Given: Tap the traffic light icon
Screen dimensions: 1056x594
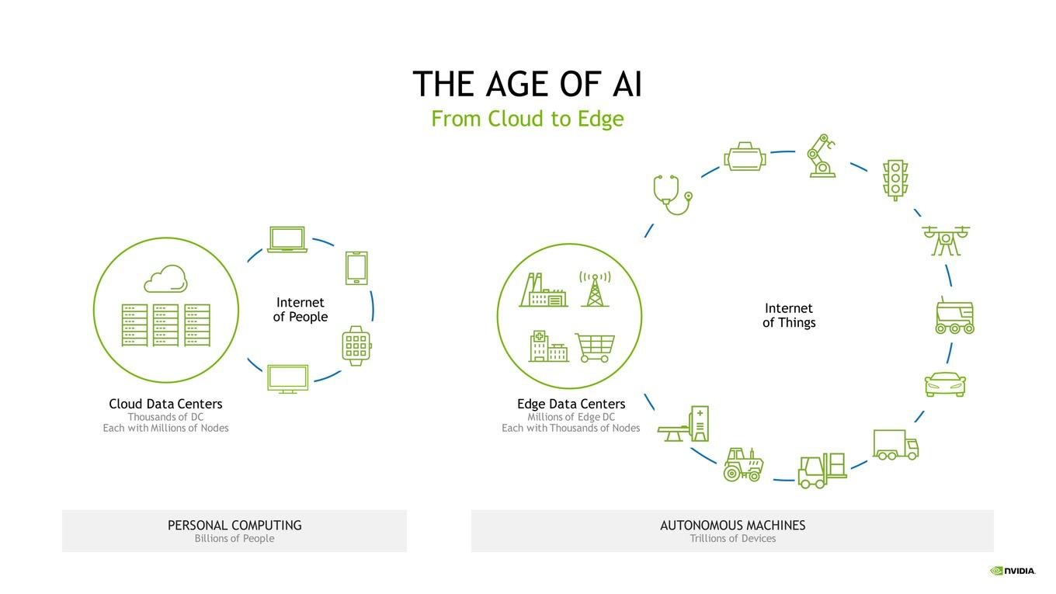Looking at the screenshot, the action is (x=895, y=181).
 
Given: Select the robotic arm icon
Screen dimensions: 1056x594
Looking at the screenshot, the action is (x=822, y=156).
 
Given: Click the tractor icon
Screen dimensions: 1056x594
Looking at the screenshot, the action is (x=743, y=465).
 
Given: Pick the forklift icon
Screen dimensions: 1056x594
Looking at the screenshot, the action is (x=822, y=471).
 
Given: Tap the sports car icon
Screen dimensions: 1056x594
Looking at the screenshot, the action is (x=945, y=384).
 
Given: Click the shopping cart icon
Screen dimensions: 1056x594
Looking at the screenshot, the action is (x=595, y=348).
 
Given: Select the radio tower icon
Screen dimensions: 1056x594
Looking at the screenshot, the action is (x=595, y=289).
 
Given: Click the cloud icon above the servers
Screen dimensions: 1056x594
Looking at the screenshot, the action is (x=165, y=279).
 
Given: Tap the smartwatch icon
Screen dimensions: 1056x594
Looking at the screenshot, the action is (x=356, y=346).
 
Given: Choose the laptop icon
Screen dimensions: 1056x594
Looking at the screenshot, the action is (x=287, y=239).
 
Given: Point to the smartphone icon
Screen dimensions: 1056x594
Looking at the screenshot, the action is (x=356, y=268).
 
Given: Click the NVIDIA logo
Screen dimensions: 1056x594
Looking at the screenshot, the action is (x=1013, y=571).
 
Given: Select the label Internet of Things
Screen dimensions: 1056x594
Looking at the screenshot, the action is (x=789, y=315).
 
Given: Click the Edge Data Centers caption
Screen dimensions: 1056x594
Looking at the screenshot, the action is (x=571, y=404).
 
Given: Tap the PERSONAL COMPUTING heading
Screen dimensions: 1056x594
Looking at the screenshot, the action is (x=234, y=525).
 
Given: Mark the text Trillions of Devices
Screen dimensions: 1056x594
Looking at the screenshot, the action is (x=733, y=538).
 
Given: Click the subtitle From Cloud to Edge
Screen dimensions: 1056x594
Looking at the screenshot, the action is (x=527, y=119).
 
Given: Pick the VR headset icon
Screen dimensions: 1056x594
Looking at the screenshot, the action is (x=745, y=157).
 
